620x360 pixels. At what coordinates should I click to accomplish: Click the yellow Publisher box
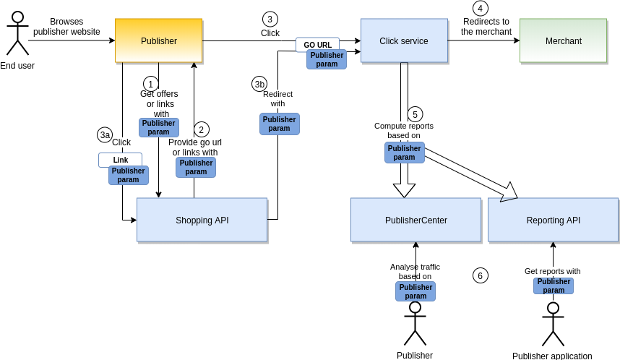158,40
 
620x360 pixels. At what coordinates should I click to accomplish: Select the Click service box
404,40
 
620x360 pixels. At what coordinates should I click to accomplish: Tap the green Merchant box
563,40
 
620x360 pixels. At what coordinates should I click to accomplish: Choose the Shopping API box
202,220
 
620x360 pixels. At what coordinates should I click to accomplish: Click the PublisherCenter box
416,220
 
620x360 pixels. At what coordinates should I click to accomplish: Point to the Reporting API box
553,220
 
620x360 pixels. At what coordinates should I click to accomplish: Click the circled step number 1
151,84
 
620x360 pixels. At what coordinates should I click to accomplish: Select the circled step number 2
202,129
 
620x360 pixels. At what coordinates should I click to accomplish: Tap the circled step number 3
270,19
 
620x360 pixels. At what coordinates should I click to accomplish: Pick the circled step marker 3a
105,134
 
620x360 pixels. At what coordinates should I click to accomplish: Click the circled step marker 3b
259,84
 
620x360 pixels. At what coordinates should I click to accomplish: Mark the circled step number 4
481,8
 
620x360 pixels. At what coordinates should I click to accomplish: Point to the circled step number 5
415,114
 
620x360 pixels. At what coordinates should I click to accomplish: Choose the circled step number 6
481,275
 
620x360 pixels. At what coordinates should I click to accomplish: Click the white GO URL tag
317,45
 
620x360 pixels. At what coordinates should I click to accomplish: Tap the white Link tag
120,160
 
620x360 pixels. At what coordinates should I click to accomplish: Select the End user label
17,66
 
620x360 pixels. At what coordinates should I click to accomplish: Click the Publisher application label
552,356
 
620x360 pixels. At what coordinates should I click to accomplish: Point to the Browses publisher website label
66,27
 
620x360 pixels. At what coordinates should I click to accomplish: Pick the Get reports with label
552,271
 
